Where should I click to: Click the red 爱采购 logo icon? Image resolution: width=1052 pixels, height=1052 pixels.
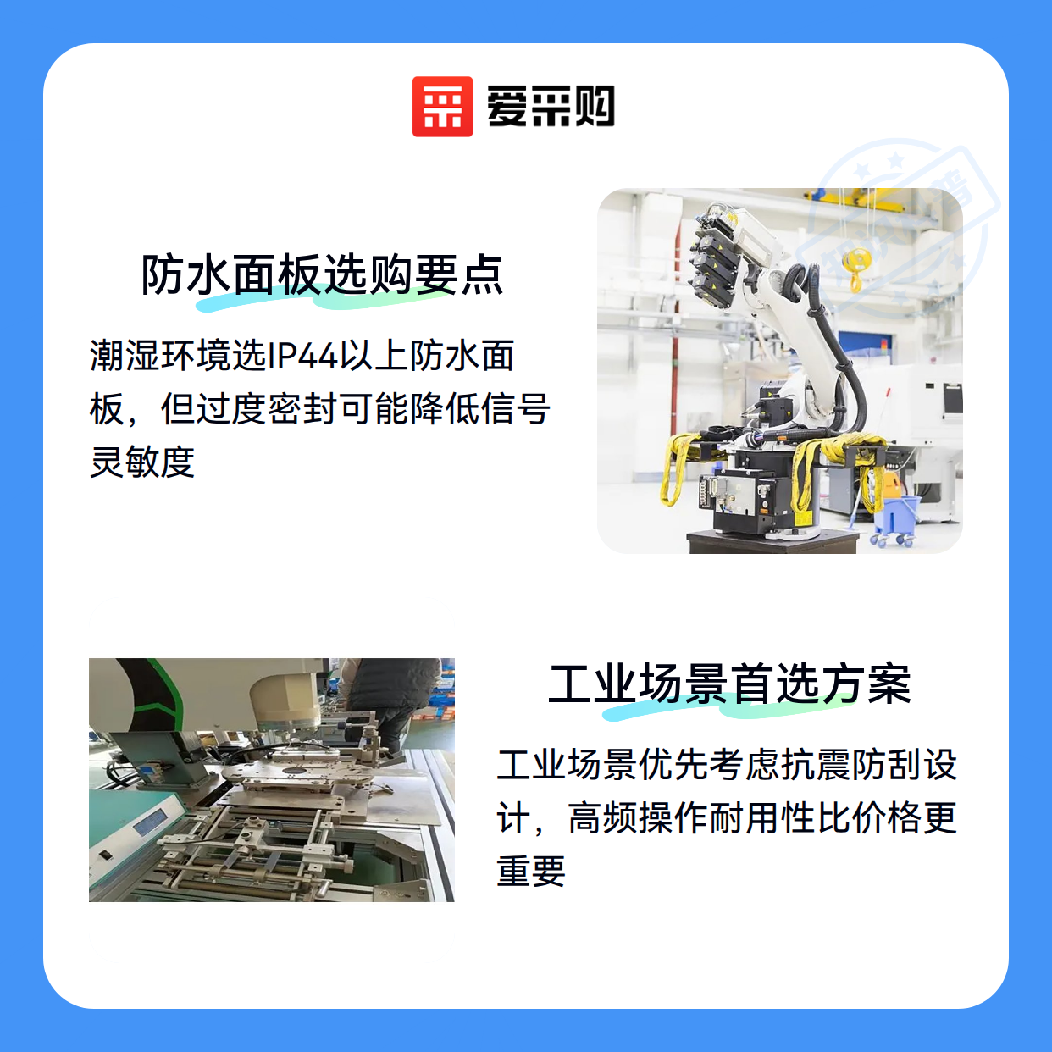pyautogui.click(x=442, y=107)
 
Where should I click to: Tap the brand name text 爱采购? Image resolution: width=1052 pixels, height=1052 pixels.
pyautogui.click(x=551, y=107)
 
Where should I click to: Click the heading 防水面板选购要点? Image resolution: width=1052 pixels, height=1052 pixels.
pyautogui.click(x=322, y=275)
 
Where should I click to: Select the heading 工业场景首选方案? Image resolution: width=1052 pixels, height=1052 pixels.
pyautogui.click(x=730, y=684)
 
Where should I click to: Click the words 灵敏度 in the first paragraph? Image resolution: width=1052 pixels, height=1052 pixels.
pyautogui.click(x=142, y=462)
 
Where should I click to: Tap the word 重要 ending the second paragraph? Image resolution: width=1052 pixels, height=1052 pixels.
pyautogui.click(x=531, y=870)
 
